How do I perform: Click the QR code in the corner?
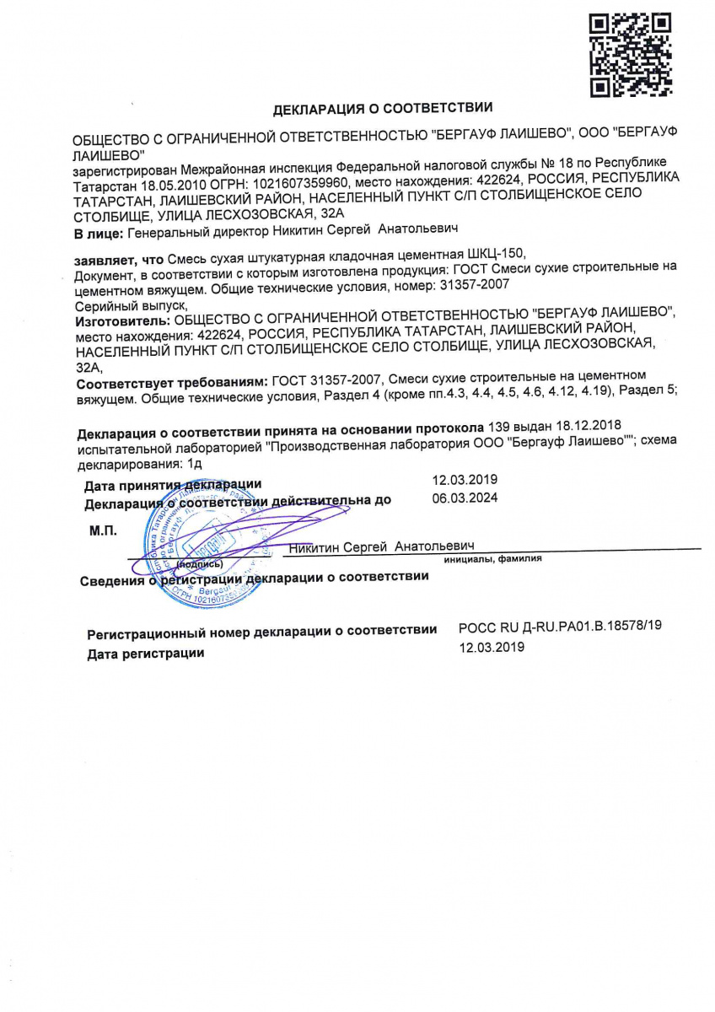629,54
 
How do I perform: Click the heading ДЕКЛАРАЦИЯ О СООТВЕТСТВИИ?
382,109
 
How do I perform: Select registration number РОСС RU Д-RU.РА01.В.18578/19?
560,628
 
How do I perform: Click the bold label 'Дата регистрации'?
145,653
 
